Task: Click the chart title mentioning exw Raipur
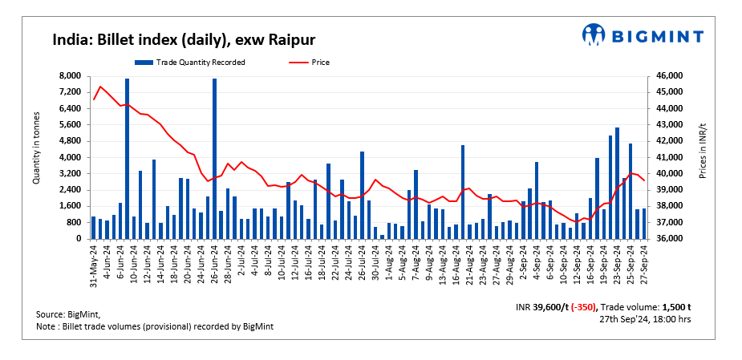(x=184, y=39)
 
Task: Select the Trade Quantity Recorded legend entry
(x=190, y=62)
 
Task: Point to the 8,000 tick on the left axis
(x=70, y=75)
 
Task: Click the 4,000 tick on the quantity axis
(x=70, y=157)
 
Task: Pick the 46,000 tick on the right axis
(x=669, y=75)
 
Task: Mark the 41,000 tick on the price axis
(x=669, y=157)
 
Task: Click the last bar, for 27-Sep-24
(x=644, y=224)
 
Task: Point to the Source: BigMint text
(x=67, y=314)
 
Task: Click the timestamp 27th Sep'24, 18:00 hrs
(x=645, y=318)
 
